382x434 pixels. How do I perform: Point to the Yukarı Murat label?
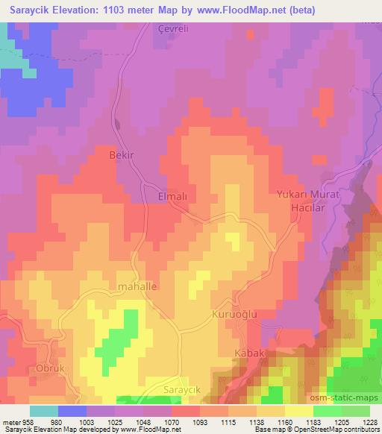click(x=307, y=195)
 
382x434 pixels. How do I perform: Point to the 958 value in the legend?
click(x=28, y=422)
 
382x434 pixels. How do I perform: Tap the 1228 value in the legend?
click(x=369, y=422)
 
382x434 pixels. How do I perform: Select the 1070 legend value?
click(x=171, y=422)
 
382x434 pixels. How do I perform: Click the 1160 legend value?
click(x=284, y=422)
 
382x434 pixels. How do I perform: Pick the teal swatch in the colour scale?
click(x=44, y=411)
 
